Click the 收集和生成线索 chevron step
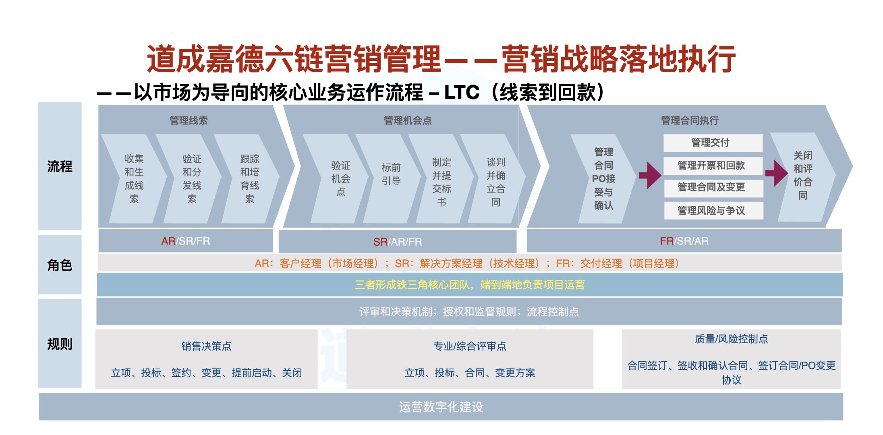click(134, 178)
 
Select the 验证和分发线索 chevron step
click(192, 178)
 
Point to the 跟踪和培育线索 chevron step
click(250, 178)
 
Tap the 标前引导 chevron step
click(391, 174)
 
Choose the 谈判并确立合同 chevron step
click(495, 182)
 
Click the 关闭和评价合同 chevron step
click(802, 175)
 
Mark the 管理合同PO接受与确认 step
click(603, 178)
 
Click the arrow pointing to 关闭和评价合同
click(776, 173)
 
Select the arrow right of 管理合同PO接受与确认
click(650, 175)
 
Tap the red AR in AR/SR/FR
click(168, 241)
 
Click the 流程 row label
click(60, 166)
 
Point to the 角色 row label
click(60, 265)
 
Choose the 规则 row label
click(60, 344)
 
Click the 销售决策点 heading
click(206, 346)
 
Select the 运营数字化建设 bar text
click(441, 407)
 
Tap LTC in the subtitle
click(462, 93)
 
